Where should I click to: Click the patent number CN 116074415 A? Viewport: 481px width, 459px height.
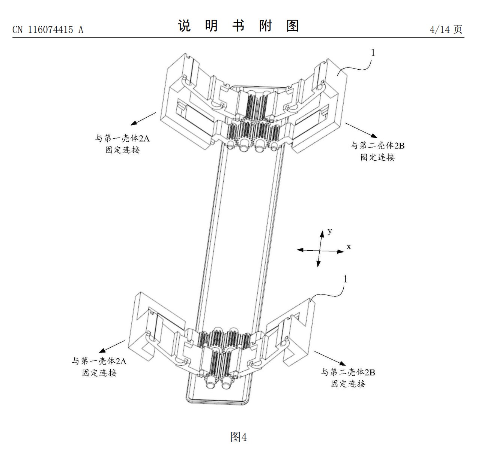click(48, 30)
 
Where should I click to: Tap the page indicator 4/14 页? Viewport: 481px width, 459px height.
click(446, 29)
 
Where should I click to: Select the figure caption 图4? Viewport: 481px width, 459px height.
click(238, 437)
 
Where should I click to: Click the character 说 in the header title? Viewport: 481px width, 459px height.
click(184, 26)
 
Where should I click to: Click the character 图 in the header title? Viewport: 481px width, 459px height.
click(293, 26)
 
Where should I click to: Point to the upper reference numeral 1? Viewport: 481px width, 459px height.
click(373, 52)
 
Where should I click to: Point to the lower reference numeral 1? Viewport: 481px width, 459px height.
click(345, 279)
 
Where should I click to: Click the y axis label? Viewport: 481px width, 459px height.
click(330, 231)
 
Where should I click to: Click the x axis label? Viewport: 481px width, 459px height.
click(349, 247)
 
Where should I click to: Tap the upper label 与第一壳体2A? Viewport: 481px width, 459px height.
click(122, 138)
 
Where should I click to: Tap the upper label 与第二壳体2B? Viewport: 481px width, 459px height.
click(377, 145)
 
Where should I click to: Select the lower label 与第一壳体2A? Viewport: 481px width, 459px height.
click(99, 361)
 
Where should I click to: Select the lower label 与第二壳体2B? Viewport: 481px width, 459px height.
click(348, 372)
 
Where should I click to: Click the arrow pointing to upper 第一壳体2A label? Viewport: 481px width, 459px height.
click(143, 119)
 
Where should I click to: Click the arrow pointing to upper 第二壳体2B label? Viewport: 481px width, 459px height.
click(361, 130)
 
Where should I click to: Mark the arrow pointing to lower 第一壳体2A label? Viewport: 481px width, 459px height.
click(112, 347)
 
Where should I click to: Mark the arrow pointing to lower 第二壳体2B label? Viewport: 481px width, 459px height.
click(330, 358)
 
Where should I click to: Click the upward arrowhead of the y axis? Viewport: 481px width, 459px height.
click(322, 233)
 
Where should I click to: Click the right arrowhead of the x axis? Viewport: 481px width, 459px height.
click(341, 251)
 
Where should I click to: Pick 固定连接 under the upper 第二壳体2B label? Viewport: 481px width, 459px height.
click(377, 157)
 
